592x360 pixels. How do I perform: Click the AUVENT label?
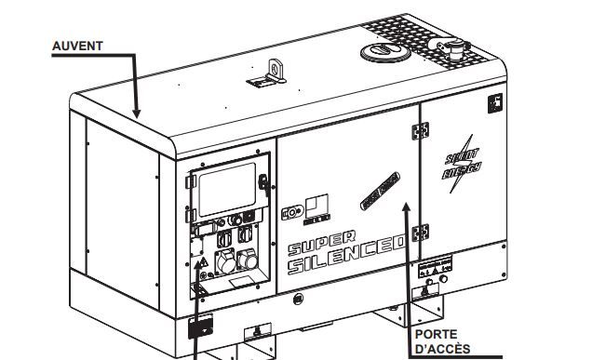click(x=77, y=44)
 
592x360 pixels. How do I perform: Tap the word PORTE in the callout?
click(x=435, y=334)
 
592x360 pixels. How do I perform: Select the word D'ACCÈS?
click(x=443, y=349)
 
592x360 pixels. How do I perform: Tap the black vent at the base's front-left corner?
click(x=198, y=327)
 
